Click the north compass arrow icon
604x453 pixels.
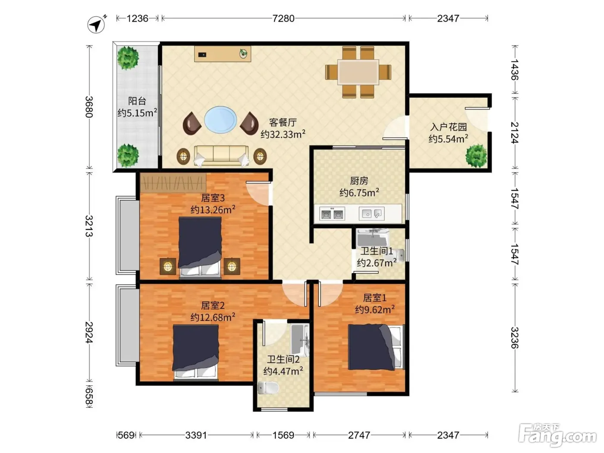(97, 25)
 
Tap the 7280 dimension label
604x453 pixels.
(283, 19)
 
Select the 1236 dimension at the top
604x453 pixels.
(137, 19)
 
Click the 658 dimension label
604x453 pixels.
(89, 396)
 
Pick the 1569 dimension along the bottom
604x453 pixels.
(283, 435)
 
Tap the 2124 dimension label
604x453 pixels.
(515, 133)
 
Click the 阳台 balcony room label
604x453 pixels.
(137, 101)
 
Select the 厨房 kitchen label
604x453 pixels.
(359, 181)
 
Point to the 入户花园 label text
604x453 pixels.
(449, 127)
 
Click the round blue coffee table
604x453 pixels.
(220, 120)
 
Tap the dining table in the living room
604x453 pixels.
(358, 72)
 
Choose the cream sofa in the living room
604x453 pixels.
(221, 156)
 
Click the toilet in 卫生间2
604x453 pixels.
(268, 388)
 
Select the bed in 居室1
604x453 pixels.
(376, 347)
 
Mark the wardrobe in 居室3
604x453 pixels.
(173, 182)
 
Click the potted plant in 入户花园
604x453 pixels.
(476, 156)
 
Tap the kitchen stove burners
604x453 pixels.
(332, 214)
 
